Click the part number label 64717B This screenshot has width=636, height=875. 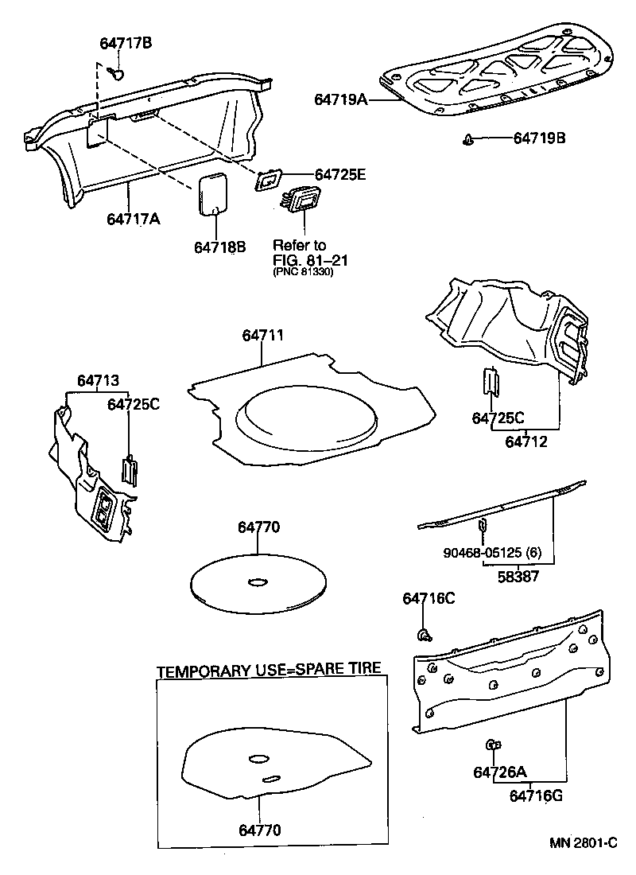pyautogui.click(x=126, y=44)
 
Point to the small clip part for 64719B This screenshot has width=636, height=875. pyautogui.click(x=467, y=140)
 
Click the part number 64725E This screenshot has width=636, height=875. pyautogui.click(x=340, y=175)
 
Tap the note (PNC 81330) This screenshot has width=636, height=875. pyautogui.click(x=303, y=272)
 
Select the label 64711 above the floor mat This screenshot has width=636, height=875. pyautogui.click(x=262, y=336)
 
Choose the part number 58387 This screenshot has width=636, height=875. pyautogui.click(x=515, y=576)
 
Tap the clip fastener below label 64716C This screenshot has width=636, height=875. pyautogui.click(x=425, y=634)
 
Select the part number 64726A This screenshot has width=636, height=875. pyautogui.click(x=500, y=772)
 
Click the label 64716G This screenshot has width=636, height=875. pyautogui.click(x=536, y=794)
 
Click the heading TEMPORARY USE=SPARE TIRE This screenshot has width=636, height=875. pyautogui.click(x=269, y=671)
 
